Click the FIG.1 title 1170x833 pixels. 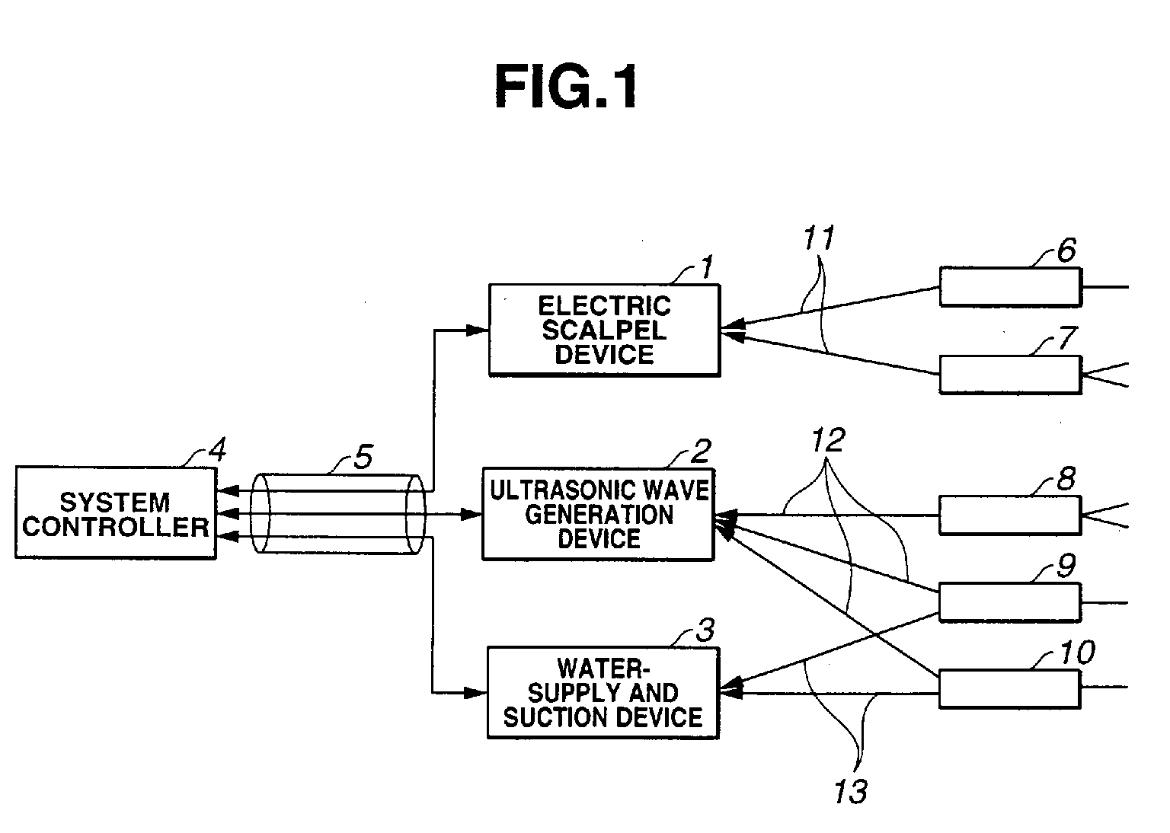[x=566, y=87]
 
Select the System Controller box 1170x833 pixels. [x=116, y=513]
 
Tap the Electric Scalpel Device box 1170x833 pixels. [x=604, y=330]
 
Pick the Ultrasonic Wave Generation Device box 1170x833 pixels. [x=598, y=515]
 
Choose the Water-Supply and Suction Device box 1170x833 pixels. [x=603, y=693]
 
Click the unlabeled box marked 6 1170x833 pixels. [x=1010, y=287]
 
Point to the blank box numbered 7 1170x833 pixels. [x=1010, y=375]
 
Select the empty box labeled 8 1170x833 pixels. [x=1010, y=515]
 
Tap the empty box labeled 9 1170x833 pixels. [x=1010, y=603]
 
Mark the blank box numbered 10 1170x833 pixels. [x=1010, y=689]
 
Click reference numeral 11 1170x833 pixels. [x=819, y=238]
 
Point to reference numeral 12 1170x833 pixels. [x=829, y=440]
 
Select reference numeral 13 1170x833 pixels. [x=851, y=791]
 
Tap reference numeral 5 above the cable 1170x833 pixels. [x=363, y=457]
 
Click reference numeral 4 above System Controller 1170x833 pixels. [x=217, y=450]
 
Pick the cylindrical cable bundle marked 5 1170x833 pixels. [x=338, y=514]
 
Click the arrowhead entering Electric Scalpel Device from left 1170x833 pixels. [x=477, y=330]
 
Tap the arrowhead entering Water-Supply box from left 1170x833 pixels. [x=476, y=693]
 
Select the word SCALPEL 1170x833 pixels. [x=604, y=330]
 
